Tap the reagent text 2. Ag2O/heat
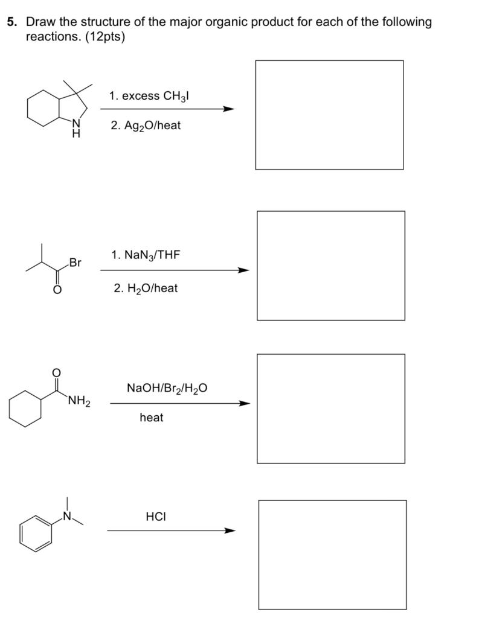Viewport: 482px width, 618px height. coord(146,126)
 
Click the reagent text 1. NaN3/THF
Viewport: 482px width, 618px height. coord(146,255)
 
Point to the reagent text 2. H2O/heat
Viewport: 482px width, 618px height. coord(146,288)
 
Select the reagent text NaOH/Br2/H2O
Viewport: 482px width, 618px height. coord(167,387)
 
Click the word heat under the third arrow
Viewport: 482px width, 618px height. coord(151,417)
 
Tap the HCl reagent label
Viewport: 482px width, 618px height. coord(156,517)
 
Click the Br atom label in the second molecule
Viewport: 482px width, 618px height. coord(75,263)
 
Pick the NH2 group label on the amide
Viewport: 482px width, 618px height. coord(79,400)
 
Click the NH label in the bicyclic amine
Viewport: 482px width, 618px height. coord(76,129)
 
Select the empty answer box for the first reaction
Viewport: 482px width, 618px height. coord(329,115)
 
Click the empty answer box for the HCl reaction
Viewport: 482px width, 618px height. coord(332,554)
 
